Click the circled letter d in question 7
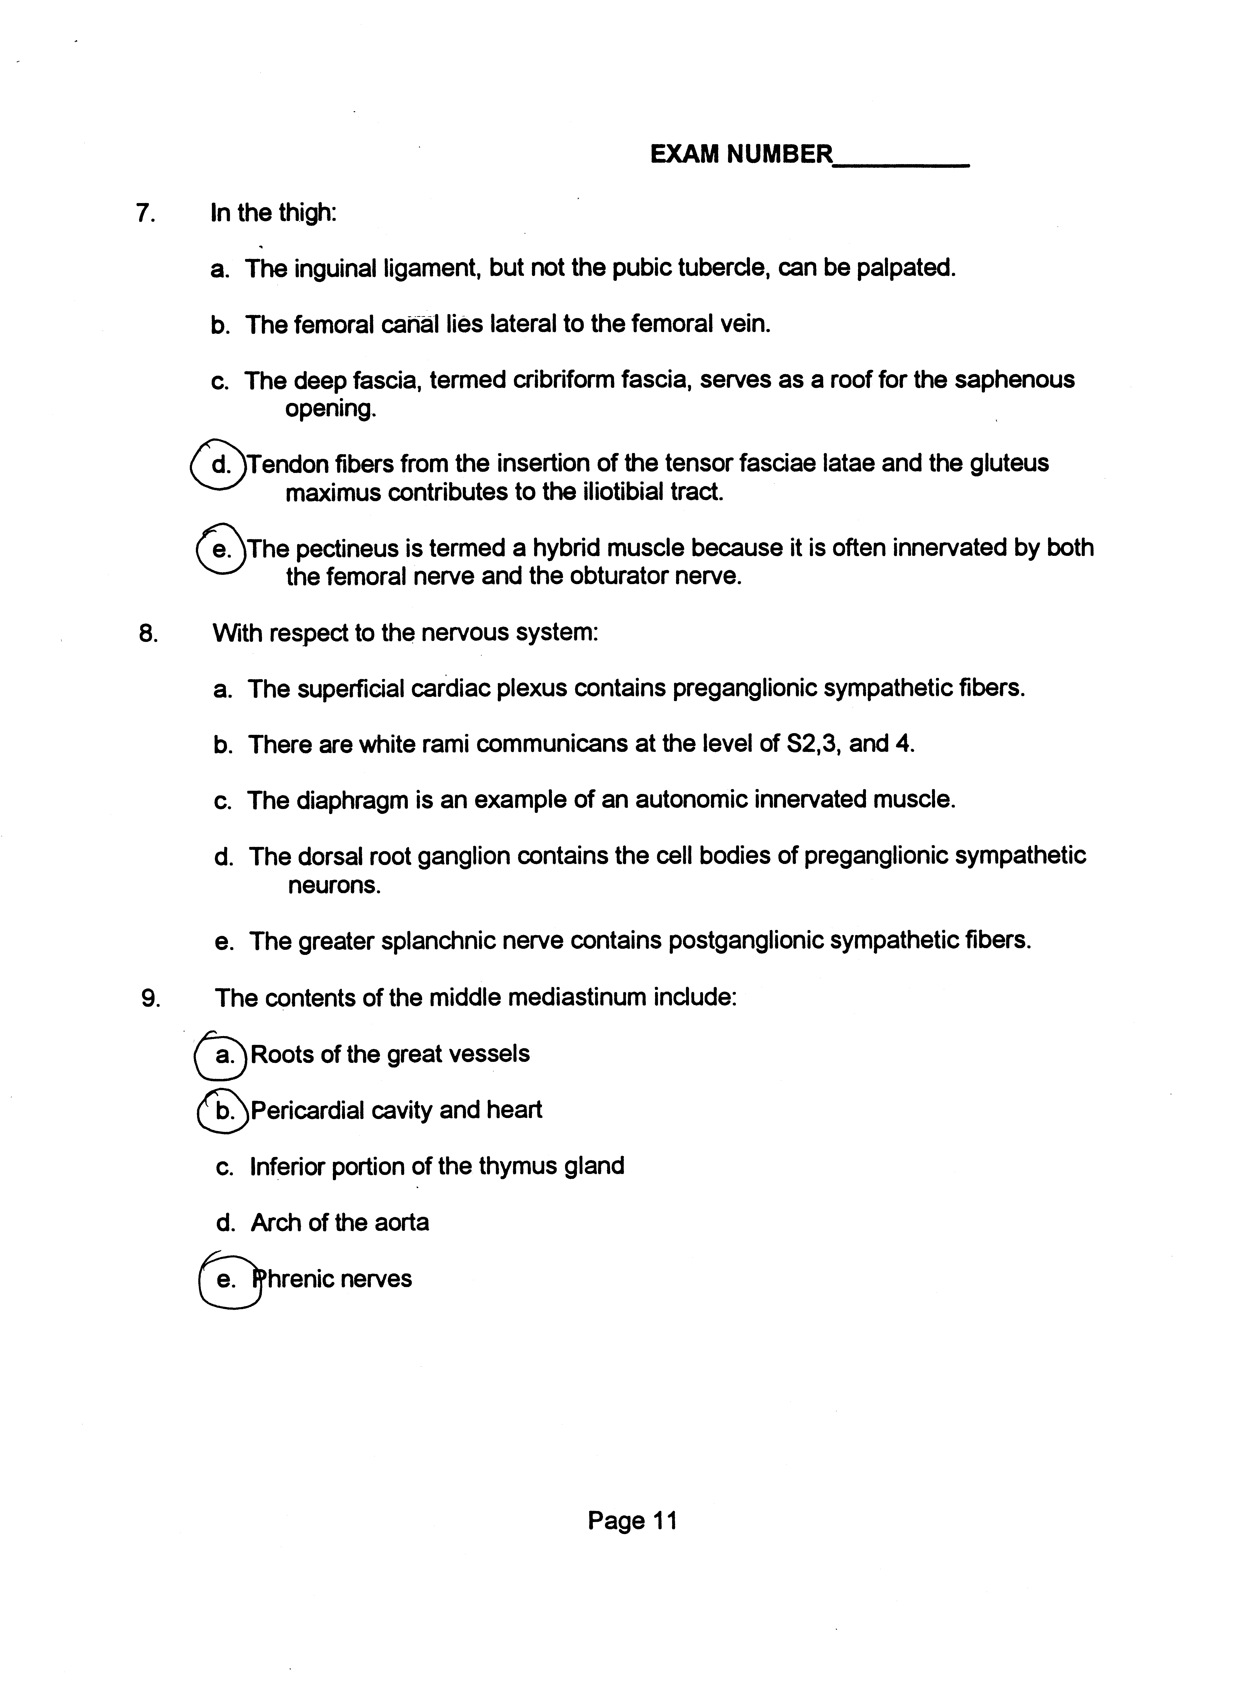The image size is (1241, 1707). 219,464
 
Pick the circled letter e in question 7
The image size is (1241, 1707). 221,549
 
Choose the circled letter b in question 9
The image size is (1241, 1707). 224,1111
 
